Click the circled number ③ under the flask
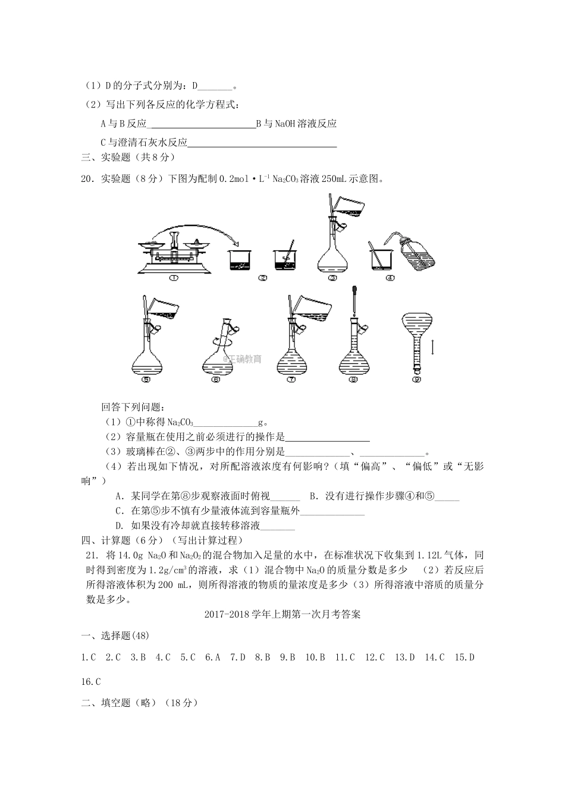(332, 278)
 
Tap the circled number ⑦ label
(291, 379)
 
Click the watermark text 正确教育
(242, 359)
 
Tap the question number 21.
(92, 555)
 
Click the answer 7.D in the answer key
(237, 657)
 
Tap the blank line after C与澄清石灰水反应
(262, 143)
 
